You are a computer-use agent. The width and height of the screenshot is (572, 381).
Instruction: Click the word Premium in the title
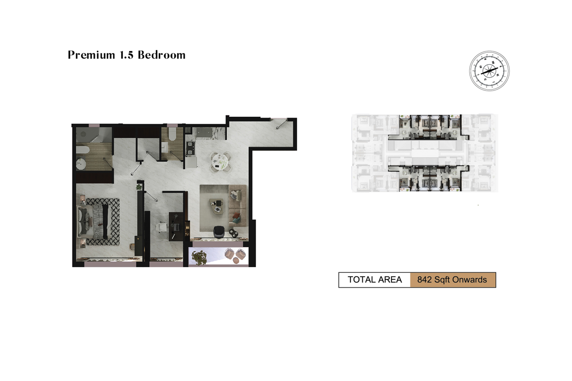click(92, 55)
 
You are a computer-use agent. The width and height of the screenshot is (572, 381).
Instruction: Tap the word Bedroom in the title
click(162, 55)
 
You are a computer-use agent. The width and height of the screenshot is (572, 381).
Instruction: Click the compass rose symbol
click(489, 70)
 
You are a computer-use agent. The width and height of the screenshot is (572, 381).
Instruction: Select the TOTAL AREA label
click(375, 280)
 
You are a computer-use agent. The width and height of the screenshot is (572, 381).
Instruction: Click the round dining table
click(219, 161)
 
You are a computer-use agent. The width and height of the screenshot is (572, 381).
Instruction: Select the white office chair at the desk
click(162, 227)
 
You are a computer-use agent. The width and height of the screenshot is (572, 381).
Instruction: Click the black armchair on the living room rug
click(219, 231)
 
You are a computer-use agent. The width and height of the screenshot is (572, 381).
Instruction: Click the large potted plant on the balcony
click(199, 257)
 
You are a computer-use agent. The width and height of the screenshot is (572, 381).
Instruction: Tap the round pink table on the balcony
click(236, 261)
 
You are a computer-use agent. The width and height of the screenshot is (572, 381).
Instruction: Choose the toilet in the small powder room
click(172, 134)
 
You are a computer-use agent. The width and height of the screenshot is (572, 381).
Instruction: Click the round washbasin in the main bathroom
click(81, 164)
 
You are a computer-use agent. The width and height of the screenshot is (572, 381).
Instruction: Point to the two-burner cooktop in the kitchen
click(190, 148)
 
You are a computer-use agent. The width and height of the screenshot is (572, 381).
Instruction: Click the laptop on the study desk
click(176, 226)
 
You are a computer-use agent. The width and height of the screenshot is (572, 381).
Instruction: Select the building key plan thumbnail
click(425, 153)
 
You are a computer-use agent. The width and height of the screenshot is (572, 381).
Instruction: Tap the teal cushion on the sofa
click(237, 220)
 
